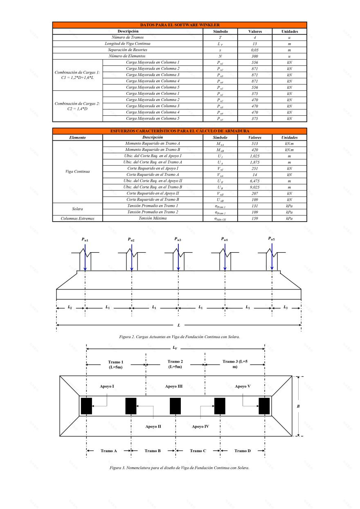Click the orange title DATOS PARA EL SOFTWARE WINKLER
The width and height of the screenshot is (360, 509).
[x=180, y=25]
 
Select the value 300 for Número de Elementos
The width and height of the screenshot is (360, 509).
[x=255, y=56]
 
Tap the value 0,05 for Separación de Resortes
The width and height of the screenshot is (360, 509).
[x=255, y=50]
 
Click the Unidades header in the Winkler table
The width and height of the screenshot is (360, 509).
[x=289, y=31]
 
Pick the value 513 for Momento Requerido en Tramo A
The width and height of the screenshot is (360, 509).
[x=255, y=144]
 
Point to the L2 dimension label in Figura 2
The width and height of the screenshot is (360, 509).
[x=70, y=307]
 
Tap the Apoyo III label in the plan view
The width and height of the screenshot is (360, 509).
[x=174, y=386]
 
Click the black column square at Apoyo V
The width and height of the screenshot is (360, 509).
[x=264, y=406]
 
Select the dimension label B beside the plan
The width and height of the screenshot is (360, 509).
[x=310, y=406]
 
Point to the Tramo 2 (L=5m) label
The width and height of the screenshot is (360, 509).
[x=175, y=364]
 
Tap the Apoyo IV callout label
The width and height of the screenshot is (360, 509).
[x=200, y=426]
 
